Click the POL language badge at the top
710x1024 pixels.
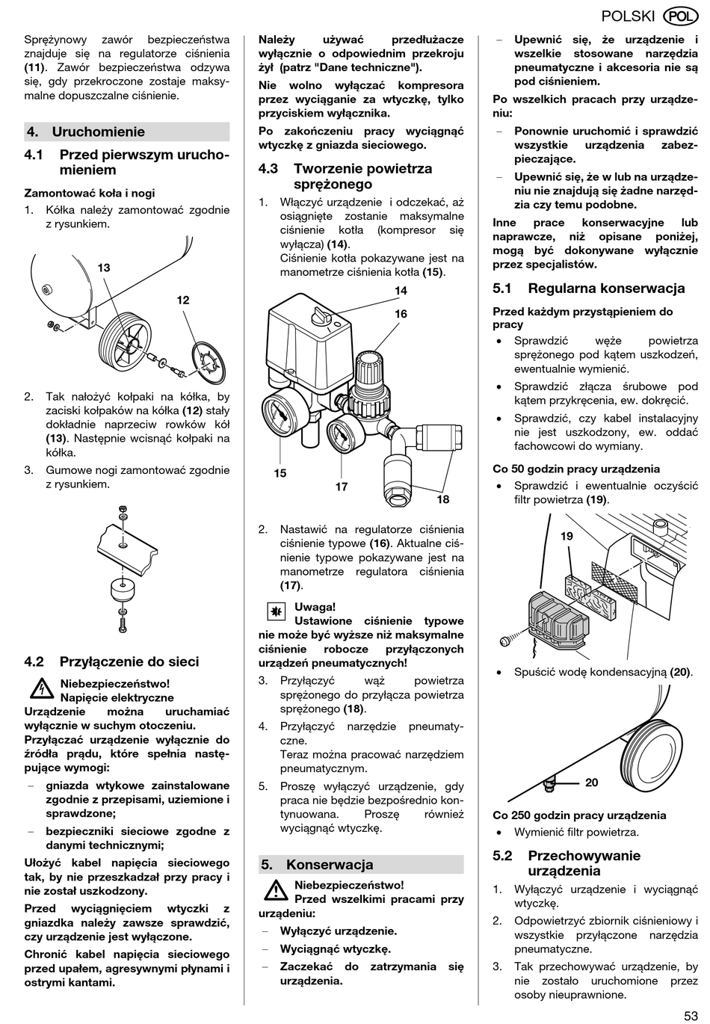pos(681,16)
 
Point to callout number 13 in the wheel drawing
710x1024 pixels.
pos(104,268)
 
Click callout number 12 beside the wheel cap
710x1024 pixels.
pos(183,300)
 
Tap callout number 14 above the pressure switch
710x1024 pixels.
pos(401,291)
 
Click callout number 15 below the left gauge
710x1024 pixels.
pos(280,473)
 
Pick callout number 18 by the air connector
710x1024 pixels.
pos(443,499)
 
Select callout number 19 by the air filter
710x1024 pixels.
pos(567,536)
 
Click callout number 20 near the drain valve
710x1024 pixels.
pos(592,783)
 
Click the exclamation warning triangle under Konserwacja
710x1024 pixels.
pos(276,891)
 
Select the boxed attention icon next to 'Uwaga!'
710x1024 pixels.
pos(276,612)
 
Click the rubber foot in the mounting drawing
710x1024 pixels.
pos(123,590)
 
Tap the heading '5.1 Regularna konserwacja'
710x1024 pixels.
pos(588,289)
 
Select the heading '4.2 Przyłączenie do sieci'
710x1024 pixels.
pos(112,661)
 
